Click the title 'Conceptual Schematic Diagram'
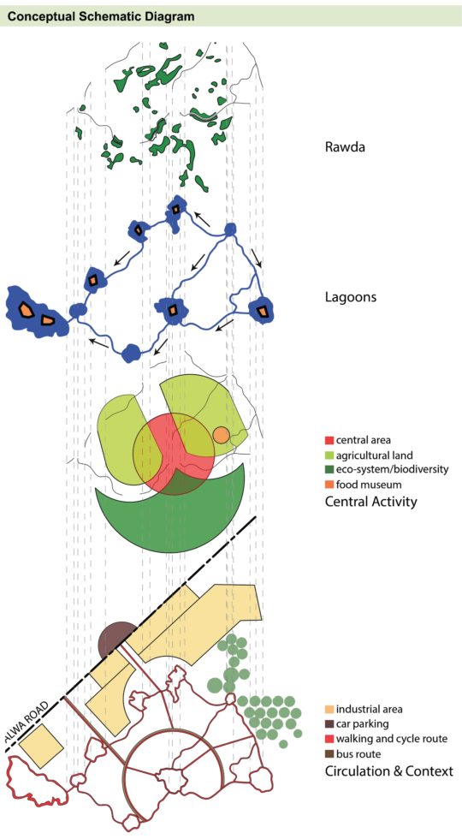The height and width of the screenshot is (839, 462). coord(100,16)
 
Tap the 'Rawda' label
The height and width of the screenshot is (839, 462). coord(344,147)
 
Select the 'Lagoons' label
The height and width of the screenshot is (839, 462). coord(352,299)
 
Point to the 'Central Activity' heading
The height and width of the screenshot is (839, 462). coord(370,501)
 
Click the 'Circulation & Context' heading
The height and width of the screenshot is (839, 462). coord(388,771)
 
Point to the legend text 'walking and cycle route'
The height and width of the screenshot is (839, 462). coord(392,739)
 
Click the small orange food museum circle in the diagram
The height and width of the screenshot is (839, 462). coord(221,435)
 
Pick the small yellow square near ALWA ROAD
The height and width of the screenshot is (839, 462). coord(40,747)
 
